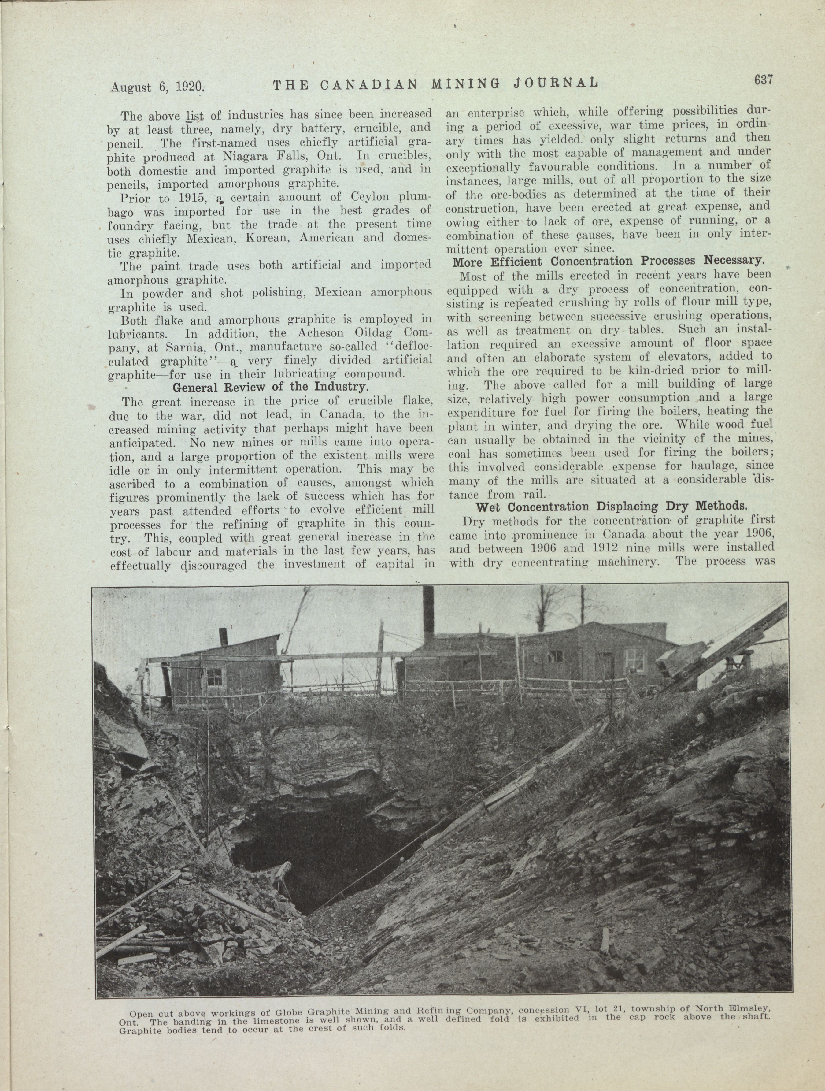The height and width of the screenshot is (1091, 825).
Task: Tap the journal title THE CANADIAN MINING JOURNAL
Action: pos(435,84)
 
